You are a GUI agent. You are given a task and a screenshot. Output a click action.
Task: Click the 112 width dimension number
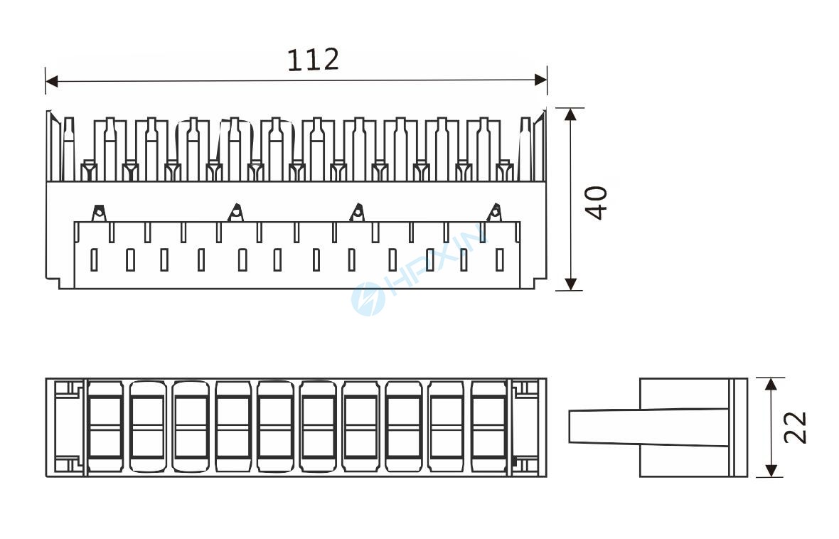(313, 60)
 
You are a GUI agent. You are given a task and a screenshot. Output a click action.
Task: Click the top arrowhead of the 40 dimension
(570, 114)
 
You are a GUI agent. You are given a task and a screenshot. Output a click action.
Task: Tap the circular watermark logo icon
(368, 298)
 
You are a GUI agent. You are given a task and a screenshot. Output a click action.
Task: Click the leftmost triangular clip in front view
(99, 212)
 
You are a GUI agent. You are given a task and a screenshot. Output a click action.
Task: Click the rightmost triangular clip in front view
(494, 212)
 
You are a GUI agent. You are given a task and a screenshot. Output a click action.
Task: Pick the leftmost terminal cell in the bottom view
(105, 427)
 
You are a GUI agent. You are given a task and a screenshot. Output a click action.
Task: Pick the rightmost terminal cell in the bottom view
(489, 427)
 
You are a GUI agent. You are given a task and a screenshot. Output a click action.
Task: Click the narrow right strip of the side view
(739, 427)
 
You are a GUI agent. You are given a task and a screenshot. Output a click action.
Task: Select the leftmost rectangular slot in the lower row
(94, 260)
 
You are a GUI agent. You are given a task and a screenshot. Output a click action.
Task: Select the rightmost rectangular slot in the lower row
(500, 260)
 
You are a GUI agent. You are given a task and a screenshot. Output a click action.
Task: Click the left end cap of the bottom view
(65, 427)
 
